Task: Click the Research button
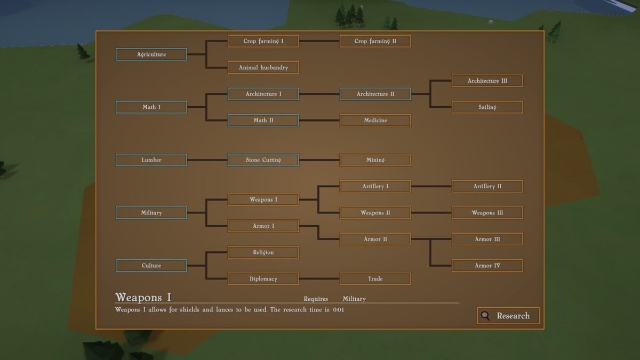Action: click(508, 316)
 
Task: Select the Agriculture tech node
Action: click(151, 54)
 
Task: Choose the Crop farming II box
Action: click(375, 41)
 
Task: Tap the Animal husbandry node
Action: click(263, 68)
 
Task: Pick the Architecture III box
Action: click(487, 81)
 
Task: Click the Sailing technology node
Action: click(487, 107)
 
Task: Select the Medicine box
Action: click(375, 121)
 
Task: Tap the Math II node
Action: click(263, 121)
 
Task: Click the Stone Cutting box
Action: click(263, 160)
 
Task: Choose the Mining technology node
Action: click(375, 160)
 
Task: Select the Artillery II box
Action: click(487, 187)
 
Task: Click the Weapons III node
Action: click(487, 213)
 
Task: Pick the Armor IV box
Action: click(487, 266)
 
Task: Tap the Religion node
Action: click(263, 252)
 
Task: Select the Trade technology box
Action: click(375, 279)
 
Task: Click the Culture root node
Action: click(151, 266)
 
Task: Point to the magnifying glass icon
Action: click(485, 316)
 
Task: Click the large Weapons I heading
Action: click(143, 297)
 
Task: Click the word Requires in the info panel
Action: click(316, 299)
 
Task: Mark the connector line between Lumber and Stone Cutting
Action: click(207, 160)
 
